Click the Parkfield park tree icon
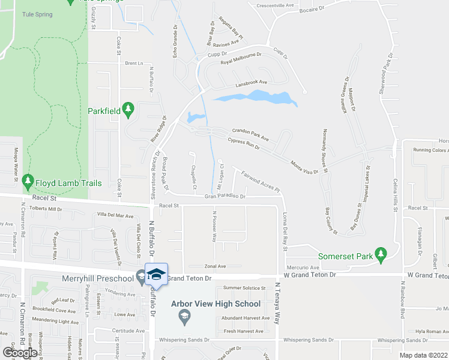coord(127,109)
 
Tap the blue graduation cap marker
coord(156,275)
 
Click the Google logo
coord(20,353)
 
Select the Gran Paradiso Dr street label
coord(225,196)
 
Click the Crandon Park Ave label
coord(250,134)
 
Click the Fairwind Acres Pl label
coord(261,182)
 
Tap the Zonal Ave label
coord(215,266)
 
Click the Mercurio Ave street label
coord(307,267)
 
